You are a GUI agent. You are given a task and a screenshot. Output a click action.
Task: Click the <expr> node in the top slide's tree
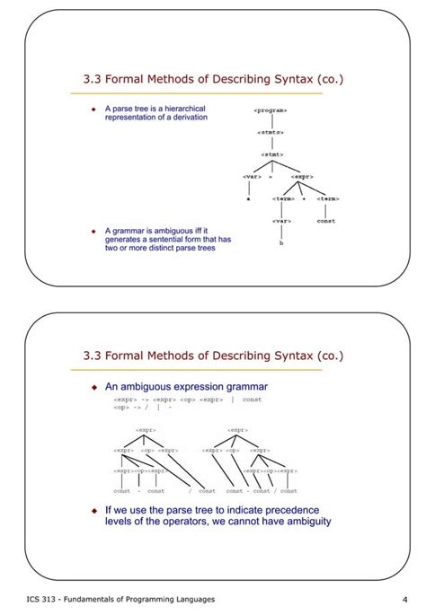click(301, 177)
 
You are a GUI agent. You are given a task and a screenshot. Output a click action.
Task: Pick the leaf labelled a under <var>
click(248, 199)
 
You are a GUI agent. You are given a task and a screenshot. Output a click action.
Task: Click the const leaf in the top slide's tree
click(326, 220)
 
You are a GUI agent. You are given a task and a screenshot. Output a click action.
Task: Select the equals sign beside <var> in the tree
click(271, 177)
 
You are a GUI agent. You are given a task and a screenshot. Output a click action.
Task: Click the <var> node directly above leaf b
click(282, 220)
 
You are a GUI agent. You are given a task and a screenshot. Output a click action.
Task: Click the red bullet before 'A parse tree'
click(93, 109)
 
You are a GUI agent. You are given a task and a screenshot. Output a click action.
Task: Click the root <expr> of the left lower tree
click(146, 430)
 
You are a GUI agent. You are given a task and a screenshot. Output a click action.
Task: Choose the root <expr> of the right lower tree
click(238, 430)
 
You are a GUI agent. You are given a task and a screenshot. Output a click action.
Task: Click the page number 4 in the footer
click(405, 599)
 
